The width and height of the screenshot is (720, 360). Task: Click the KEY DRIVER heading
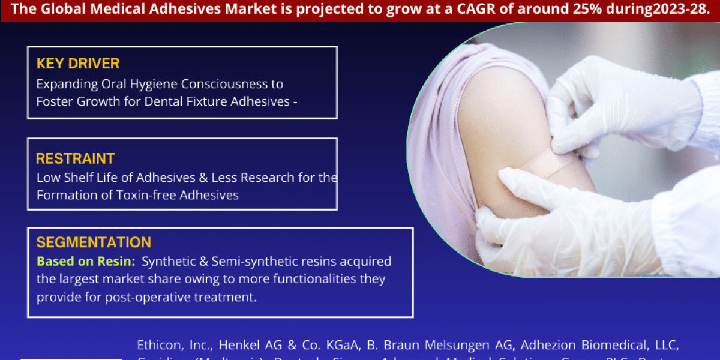pos(78,64)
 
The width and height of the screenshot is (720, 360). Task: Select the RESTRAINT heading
pos(75,159)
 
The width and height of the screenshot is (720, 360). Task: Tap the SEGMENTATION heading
pos(93,243)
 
